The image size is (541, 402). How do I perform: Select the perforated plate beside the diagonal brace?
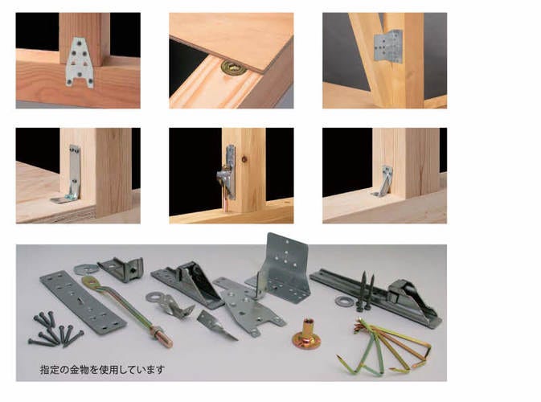point(389,47)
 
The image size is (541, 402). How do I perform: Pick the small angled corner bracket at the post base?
point(384,181)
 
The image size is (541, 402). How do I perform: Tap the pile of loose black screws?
point(55,329)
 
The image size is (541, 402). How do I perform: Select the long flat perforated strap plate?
point(83,302)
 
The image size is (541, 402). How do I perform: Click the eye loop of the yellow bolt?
point(88,280)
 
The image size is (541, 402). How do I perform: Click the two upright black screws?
point(367,290)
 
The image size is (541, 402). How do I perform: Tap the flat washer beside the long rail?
point(343,301)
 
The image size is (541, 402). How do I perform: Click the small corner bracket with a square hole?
point(121,268)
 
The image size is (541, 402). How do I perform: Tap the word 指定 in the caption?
point(50,370)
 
